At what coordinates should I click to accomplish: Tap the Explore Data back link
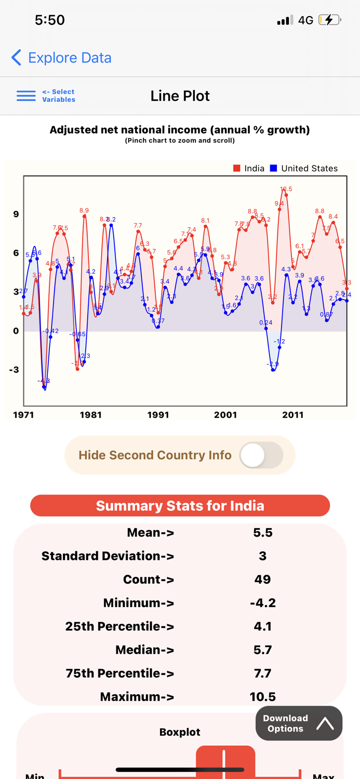click(x=61, y=58)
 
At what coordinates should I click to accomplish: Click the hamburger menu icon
click(x=26, y=96)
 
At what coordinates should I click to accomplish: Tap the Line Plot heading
click(x=180, y=96)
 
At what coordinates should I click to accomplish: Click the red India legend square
click(x=237, y=168)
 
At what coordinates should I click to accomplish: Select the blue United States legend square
click(x=274, y=168)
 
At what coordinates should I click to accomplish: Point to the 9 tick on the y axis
click(x=16, y=214)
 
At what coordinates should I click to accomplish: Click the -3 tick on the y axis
click(x=14, y=370)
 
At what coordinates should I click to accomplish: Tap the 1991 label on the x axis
click(x=158, y=415)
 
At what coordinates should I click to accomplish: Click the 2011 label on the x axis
click(x=292, y=415)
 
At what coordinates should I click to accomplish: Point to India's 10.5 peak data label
click(x=286, y=189)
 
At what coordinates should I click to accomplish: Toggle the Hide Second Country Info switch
click(x=261, y=455)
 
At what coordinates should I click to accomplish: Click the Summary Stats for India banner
click(x=180, y=506)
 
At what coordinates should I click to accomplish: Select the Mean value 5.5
click(x=262, y=533)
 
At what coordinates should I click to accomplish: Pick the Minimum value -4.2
click(x=262, y=603)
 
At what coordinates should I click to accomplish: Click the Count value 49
click(x=262, y=580)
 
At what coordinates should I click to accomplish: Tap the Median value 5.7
click(x=262, y=650)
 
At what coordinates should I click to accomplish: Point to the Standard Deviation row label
click(x=108, y=556)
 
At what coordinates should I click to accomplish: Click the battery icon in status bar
click(x=329, y=20)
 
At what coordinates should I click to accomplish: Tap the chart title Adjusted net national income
click(x=180, y=130)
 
